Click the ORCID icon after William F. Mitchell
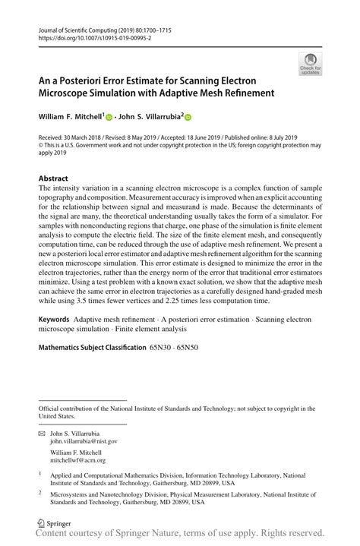[109, 118]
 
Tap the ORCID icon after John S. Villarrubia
[188, 118]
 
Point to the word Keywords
[58, 320]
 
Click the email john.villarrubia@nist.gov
[84, 440]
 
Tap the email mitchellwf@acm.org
[78, 460]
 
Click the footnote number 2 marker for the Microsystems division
[40, 492]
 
